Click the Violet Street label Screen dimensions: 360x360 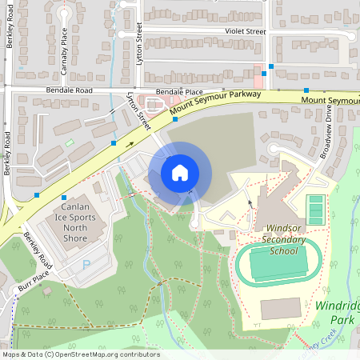[x=245, y=31]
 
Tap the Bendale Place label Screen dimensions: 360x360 [x=180, y=92]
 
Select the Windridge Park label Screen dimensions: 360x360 [x=338, y=313]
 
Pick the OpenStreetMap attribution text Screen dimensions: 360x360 [x=80, y=354]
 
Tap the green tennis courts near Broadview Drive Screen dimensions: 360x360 [x=316, y=210]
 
